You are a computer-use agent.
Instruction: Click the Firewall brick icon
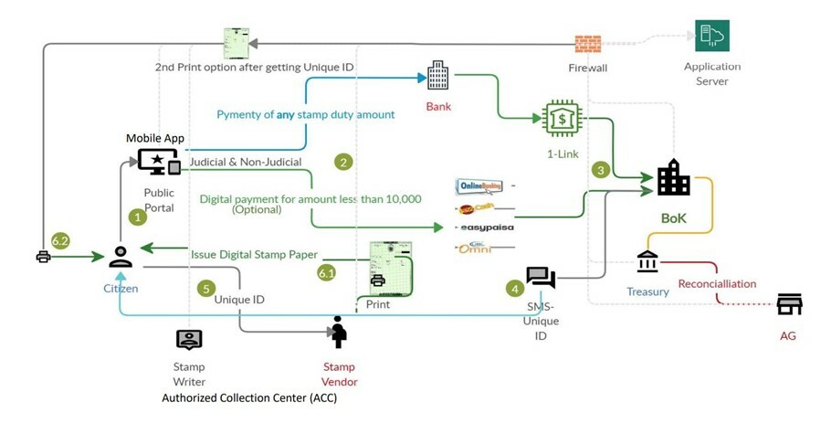click(588, 44)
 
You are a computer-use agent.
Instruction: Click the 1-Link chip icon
click(563, 119)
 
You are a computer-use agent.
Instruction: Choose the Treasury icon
click(647, 261)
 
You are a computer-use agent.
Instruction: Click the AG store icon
click(789, 304)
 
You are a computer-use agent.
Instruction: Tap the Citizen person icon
click(121, 257)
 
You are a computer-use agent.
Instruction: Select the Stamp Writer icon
click(189, 339)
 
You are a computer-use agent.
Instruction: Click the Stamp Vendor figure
click(339, 332)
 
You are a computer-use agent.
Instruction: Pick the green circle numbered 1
click(138, 217)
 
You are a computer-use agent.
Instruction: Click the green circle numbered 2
click(343, 162)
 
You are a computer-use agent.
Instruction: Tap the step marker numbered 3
click(600, 169)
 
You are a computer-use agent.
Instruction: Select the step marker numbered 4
click(516, 289)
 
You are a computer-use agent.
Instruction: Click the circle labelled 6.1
click(327, 272)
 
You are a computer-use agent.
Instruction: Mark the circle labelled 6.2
click(61, 240)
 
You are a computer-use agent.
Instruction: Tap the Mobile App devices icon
click(159, 162)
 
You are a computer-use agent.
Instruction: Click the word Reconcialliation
click(717, 283)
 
